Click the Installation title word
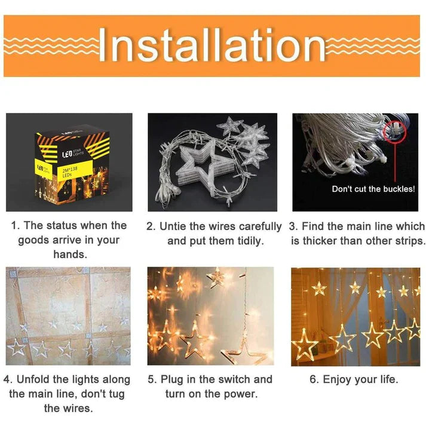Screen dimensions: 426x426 click(212, 45)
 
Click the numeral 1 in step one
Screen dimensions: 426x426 click(15, 226)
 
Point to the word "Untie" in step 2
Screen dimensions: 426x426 click(173, 226)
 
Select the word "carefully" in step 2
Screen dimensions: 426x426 click(260, 226)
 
